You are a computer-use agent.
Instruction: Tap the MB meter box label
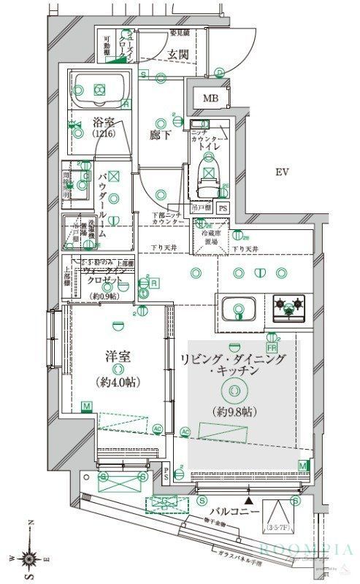210,99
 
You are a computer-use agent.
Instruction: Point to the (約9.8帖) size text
232,412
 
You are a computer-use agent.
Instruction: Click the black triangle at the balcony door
249,501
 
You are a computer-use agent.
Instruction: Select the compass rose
30,558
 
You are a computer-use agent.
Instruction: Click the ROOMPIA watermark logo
306,550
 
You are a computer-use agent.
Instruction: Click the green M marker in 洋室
86,406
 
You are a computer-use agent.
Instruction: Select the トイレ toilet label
221,145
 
